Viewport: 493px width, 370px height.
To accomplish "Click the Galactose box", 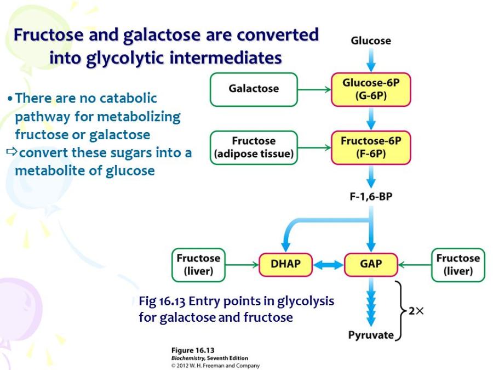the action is coord(254,89).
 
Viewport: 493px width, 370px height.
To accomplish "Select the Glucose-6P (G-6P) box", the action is coord(371,89).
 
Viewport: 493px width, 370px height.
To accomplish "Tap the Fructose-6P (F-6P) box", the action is coord(371,147).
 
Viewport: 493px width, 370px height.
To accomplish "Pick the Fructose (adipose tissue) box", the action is coord(254,147).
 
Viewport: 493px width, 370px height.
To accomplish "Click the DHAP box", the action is coord(285,265).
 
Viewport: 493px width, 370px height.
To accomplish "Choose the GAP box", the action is coord(371,265).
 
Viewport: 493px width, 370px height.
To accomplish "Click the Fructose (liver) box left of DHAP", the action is coord(198,265).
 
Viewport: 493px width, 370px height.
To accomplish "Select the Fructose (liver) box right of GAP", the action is coord(458,265).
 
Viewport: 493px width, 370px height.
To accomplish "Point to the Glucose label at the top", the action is coord(371,41).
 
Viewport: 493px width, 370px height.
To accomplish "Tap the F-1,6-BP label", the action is coord(371,197).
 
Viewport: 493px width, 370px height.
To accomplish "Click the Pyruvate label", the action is coord(371,335).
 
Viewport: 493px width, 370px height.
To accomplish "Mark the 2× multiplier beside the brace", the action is coord(416,311).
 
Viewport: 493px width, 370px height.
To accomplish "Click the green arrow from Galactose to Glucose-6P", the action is coord(314,90).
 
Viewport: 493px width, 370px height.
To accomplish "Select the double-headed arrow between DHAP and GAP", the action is coord(329,265).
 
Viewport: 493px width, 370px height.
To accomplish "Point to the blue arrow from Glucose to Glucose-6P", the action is coord(371,60).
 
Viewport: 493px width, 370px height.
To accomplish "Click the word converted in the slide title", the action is coord(278,35).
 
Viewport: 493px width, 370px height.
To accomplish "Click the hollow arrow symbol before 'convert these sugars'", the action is coord(12,152).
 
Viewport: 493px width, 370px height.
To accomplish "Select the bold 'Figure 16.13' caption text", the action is coord(193,350).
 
